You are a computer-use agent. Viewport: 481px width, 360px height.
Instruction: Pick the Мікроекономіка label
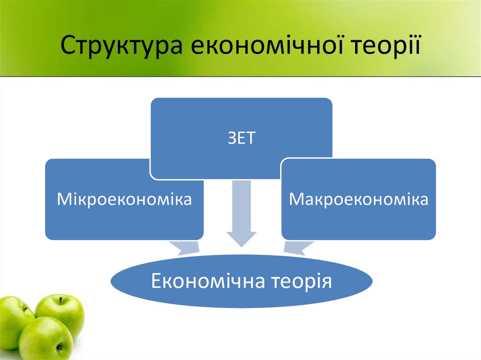pos(124,199)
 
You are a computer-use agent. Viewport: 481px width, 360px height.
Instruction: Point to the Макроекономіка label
pos(358,199)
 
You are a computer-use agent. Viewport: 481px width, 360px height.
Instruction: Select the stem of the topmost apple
pos(61,301)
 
